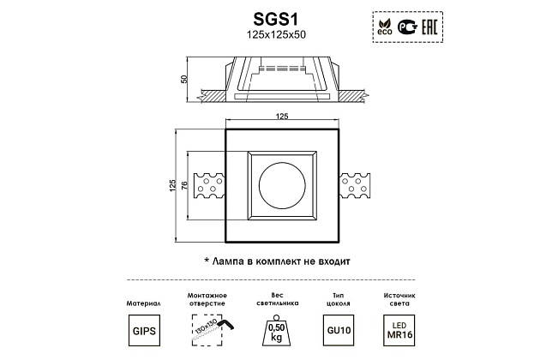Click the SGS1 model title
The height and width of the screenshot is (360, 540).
[275, 20]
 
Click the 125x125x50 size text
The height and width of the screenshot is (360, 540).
[276, 35]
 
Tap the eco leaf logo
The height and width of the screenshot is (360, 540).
[385, 27]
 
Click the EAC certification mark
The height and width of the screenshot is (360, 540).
[429, 27]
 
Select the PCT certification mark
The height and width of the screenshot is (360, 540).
[407, 27]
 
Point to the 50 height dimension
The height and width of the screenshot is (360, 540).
[184, 79]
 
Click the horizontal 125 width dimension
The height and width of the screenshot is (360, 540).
[282, 117]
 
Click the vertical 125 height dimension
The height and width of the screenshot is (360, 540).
[172, 186]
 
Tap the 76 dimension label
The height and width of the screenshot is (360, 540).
[184, 186]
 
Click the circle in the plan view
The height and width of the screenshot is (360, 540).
[282, 185]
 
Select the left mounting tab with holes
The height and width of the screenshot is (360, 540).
[209, 186]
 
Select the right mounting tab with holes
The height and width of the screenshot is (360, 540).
[355, 186]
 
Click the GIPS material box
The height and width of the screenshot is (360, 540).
[144, 330]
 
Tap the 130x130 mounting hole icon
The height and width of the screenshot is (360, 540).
[211, 330]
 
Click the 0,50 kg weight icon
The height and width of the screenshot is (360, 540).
[277, 330]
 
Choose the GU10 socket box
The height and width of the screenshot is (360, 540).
[339, 330]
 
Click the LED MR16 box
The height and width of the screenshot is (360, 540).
[399, 330]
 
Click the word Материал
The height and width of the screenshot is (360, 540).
[144, 303]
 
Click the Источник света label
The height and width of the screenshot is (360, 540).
[399, 299]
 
